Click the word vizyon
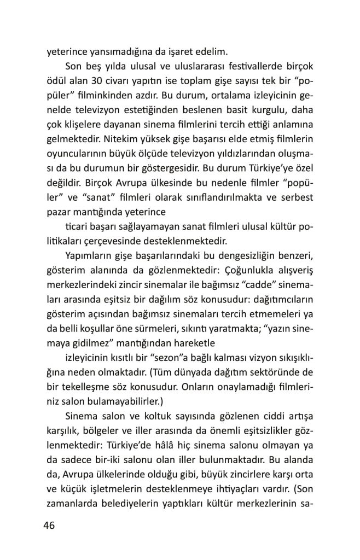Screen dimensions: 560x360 (263, 358)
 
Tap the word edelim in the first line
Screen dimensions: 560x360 (208, 52)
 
